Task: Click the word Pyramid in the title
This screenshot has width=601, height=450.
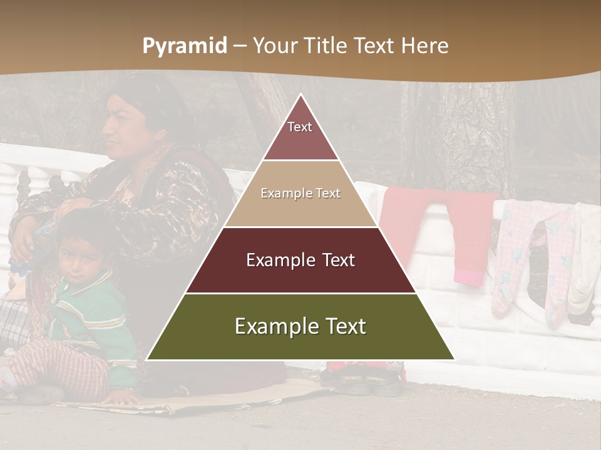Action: pyautogui.click(x=184, y=46)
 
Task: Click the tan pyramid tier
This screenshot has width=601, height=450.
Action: pyautogui.click(x=300, y=194)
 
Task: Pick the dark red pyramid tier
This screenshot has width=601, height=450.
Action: pyautogui.click(x=300, y=260)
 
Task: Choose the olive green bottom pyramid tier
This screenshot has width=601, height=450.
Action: pyautogui.click(x=300, y=326)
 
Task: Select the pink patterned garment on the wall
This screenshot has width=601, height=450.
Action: pyautogui.click(x=532, y=256)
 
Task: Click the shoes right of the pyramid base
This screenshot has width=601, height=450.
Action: pyautogui.click(x=363, y=378)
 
